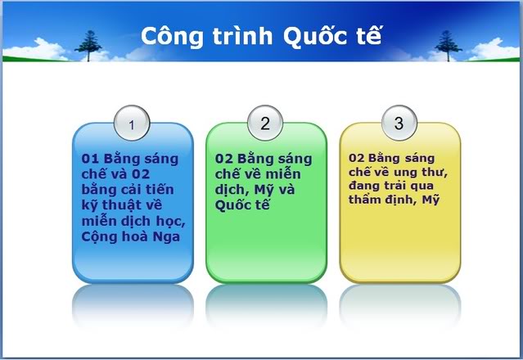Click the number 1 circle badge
[132, 123]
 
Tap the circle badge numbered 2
[265, 123]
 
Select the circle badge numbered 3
[399, 123]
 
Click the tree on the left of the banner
[88, 46]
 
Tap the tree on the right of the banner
[448, 46]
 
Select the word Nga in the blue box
[166, 237]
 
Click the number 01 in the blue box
[90, 159]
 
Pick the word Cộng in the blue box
[99, 237]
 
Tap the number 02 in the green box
[223, 159]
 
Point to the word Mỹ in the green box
[264, 190]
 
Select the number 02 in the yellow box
[357, 158]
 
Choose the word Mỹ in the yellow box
[431, 200]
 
